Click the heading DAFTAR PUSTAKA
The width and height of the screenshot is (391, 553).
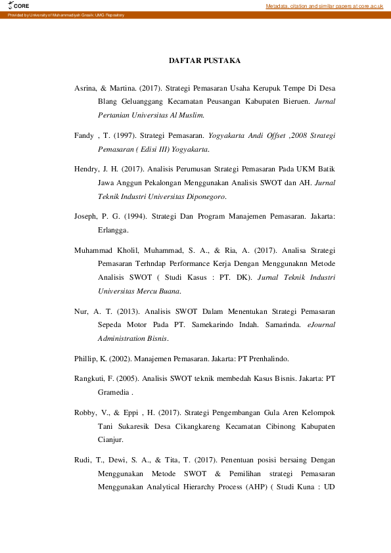(204, 60)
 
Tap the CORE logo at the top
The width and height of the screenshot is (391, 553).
(19, 5)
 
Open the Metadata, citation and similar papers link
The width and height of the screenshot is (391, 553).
(324, 6)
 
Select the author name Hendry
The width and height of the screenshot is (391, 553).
(87, 167)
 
